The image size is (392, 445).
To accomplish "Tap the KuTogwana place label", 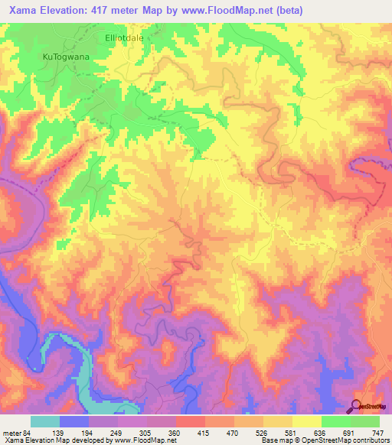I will coord(64,57).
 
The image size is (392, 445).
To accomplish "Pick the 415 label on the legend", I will coord(204,433).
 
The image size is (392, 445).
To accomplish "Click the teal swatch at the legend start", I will coord(45,421).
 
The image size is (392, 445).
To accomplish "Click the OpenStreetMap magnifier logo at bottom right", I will coord(355,406).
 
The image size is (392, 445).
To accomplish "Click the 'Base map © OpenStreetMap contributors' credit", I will coord(324,441).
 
